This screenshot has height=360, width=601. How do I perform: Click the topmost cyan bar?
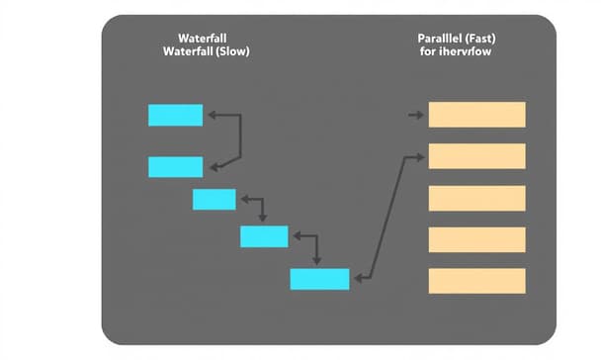[x=175, y=115]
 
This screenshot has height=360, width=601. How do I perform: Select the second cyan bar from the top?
[x=175, y=166]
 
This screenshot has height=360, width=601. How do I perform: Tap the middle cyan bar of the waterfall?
[x=214, y=199]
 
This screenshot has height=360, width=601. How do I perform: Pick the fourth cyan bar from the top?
[x=264, y=236]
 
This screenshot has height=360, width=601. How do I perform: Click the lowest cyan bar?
[x=319, y=279]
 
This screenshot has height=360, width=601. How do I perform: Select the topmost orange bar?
[x=476, y=115]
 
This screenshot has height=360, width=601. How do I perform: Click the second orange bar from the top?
[x=476, y=156]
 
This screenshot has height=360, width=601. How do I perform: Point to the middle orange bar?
[x=476, y=198]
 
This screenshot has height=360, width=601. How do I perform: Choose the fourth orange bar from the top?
[x=476, y=239]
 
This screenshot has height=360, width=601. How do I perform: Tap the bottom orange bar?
[x=476, y=280]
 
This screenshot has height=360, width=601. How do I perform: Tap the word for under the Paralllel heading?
[x=428, y=50]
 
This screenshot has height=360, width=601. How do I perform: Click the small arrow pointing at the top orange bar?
[x=415, y=116]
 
